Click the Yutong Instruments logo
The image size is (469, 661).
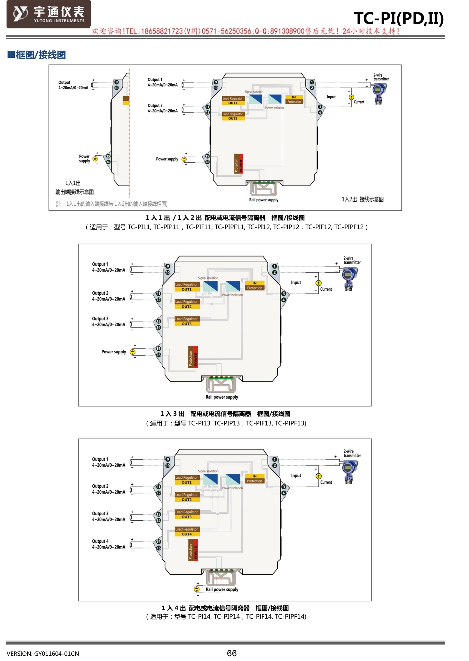48,14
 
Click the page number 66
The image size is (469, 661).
232,653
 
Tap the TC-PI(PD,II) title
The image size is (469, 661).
399,18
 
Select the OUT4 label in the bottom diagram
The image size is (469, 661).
187,534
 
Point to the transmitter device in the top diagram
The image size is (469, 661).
379,93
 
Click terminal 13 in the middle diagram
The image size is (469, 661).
159,321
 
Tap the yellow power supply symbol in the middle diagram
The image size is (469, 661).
133,352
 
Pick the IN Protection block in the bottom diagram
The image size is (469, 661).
255,479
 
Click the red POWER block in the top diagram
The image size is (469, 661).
241,163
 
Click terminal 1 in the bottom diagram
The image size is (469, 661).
274,459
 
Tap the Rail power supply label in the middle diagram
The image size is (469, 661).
222,397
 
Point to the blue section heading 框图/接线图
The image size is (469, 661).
40,55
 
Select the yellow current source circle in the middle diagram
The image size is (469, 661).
318,283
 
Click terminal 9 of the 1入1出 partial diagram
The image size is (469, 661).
116,82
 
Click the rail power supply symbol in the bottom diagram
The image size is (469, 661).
197,589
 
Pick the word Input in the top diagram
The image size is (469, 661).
331,97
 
